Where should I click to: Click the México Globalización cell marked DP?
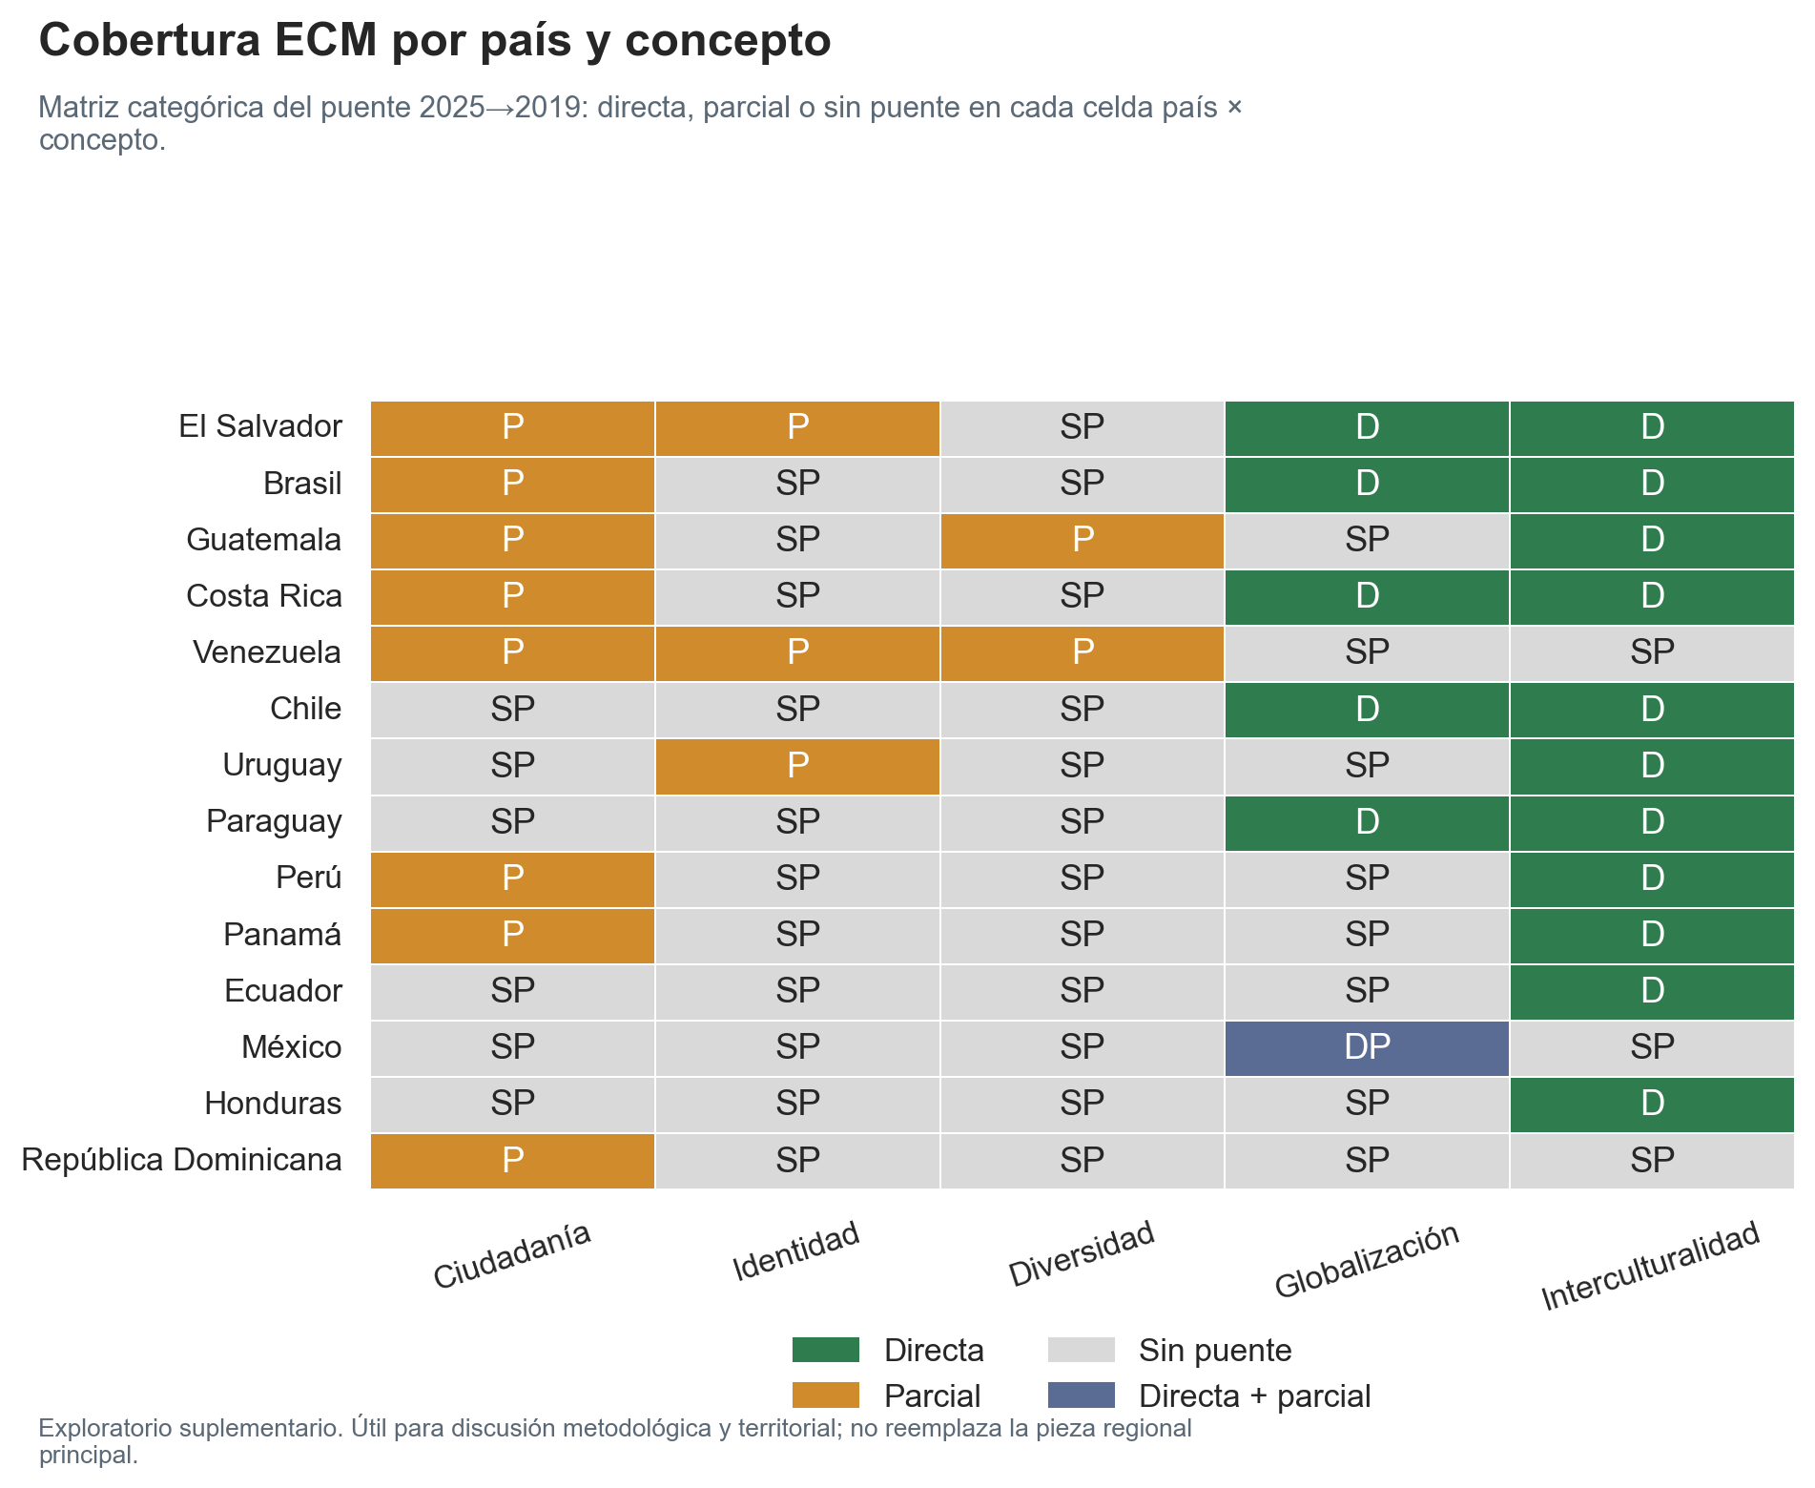(1367, 1047)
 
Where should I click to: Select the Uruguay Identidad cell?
(797, 766)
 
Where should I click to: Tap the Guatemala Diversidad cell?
(1082, 541)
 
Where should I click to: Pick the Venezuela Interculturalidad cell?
(1651, 653)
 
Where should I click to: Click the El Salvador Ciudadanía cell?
(512, 428)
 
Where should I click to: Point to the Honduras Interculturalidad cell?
(1651, 1104)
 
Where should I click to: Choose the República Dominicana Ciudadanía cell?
(512, 1160)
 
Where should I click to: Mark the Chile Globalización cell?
(1367, 710)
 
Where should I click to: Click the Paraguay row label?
(274, 821)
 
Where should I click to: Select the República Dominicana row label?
(181, 1160)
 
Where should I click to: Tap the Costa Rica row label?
(264, 596)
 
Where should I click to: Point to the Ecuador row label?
(283, 991)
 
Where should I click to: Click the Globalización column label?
(1367, 1260)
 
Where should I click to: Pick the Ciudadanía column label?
(512, 1255)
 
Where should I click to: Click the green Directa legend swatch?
(825, 1350)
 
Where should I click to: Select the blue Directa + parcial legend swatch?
(1081, 1395)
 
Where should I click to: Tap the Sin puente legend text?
(1215, 1351)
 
